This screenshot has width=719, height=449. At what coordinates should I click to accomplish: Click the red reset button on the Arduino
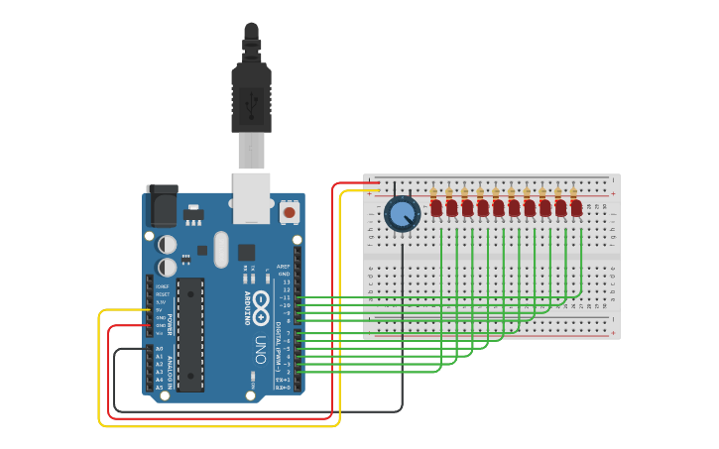(290, 211)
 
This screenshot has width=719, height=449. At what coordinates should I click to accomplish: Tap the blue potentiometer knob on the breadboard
(402, 213)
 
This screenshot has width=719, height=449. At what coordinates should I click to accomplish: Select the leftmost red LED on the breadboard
(435, 208)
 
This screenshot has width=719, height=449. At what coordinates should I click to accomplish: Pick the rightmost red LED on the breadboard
(576, 208)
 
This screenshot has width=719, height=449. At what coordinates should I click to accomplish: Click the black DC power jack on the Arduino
(162, 205)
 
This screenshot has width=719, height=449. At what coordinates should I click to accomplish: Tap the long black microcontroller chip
(190, 332)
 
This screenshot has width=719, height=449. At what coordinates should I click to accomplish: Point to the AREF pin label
(284, 267)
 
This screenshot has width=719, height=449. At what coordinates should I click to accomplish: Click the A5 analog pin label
(159, 388)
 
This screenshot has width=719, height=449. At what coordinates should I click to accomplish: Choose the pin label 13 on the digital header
(286, 281)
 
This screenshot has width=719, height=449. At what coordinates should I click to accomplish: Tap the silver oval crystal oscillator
(220, 249)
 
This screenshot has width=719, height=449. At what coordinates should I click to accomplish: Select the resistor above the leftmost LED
(433, 192)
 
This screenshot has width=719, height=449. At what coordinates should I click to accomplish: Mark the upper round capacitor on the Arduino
(168, 243)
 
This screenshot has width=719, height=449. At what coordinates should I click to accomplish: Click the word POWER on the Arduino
(169, 325)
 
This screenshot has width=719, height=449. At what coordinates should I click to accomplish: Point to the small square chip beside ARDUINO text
(246, 252)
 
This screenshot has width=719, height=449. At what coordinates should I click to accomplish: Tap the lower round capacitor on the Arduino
(168, 267)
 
